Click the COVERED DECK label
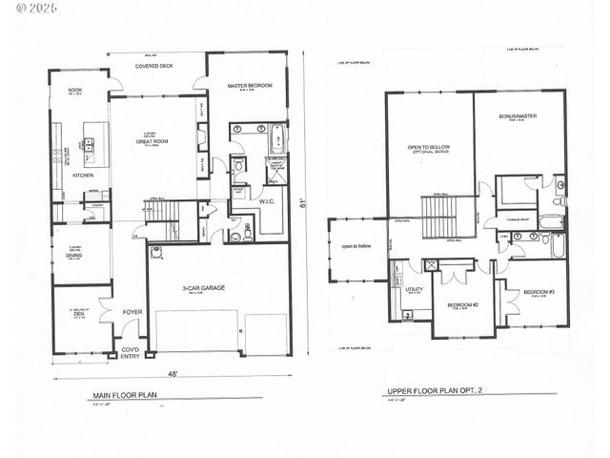point(154,67)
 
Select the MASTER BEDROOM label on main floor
point(250,86)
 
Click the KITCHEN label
point(83,176)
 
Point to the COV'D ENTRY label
point(129,355)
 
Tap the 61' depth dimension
point(303,203)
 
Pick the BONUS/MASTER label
point(518,115)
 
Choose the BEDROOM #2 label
point(461,304)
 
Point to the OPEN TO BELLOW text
point(428,147)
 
